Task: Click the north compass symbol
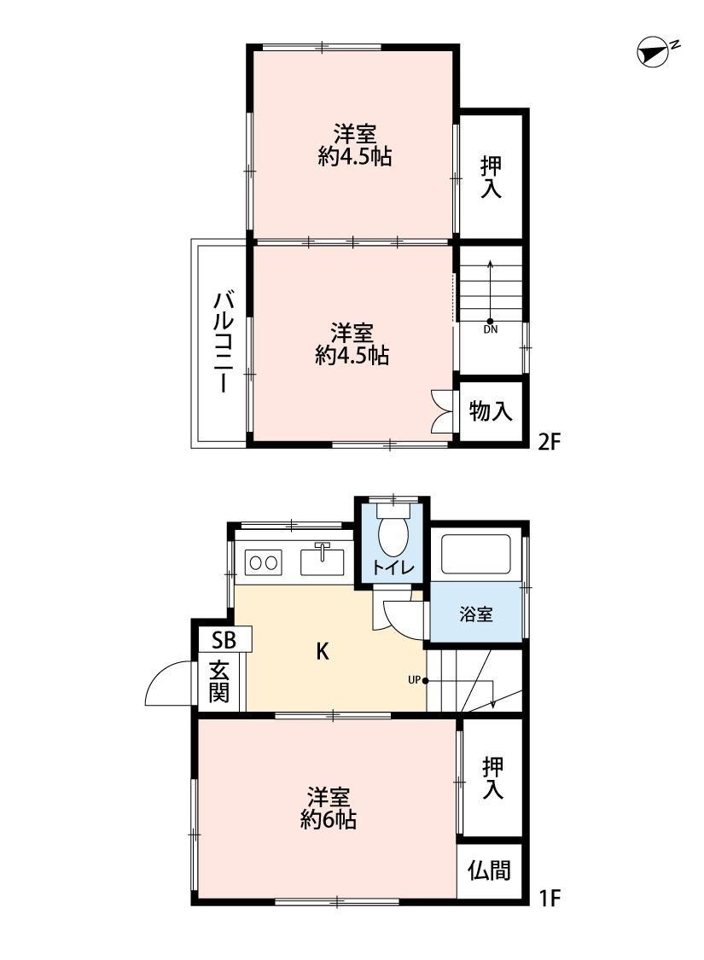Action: [654, 53]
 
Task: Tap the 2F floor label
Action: [550, 441]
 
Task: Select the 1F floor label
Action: [550, 898]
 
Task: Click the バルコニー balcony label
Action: [223, 342]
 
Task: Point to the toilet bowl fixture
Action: [393, 531]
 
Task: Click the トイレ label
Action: [393, 567]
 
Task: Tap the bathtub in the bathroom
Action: [475, 554]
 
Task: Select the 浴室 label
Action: [475, 614]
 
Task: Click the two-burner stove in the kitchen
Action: [263, 562]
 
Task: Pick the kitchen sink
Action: [323, 561]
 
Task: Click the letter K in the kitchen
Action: [323, 651]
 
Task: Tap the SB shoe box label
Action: [224, 640]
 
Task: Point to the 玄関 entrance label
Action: [219, 682]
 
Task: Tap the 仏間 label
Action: [489, 870]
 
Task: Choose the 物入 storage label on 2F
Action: [491, 410]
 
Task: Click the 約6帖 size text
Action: [329, 819]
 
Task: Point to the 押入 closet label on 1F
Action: [493, 777]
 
